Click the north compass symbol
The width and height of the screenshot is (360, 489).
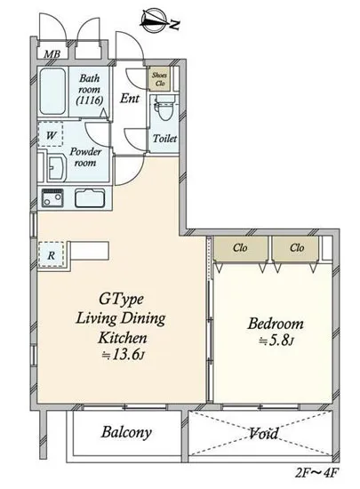pos(156,20)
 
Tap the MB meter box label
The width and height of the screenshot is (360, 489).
pos(52,54)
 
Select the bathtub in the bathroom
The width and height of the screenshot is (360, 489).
pos(52,92)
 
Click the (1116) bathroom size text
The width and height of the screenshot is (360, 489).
pos(90,100)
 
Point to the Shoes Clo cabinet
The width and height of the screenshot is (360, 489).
pos(159,79)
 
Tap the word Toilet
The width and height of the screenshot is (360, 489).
pos(164,138)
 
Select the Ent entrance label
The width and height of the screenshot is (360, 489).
pos(130,99)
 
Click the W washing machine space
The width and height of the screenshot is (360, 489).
pos(51,134)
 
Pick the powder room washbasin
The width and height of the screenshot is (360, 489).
pos(56,168)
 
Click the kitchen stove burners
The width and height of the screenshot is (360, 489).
pos(52,198)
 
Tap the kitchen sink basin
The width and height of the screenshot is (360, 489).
pos(90,198)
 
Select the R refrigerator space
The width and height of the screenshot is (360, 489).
pos(52,254)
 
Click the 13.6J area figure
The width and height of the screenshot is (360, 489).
pos(124,355)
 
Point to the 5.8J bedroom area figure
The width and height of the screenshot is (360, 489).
pos(276,341)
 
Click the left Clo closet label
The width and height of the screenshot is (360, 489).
pos(240,248)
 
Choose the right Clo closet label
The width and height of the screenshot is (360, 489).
pos(297,248)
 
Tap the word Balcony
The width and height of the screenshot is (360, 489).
pos(126,432)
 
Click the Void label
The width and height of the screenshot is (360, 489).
pos(264,433)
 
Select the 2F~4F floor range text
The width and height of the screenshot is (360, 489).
pos(316,473)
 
